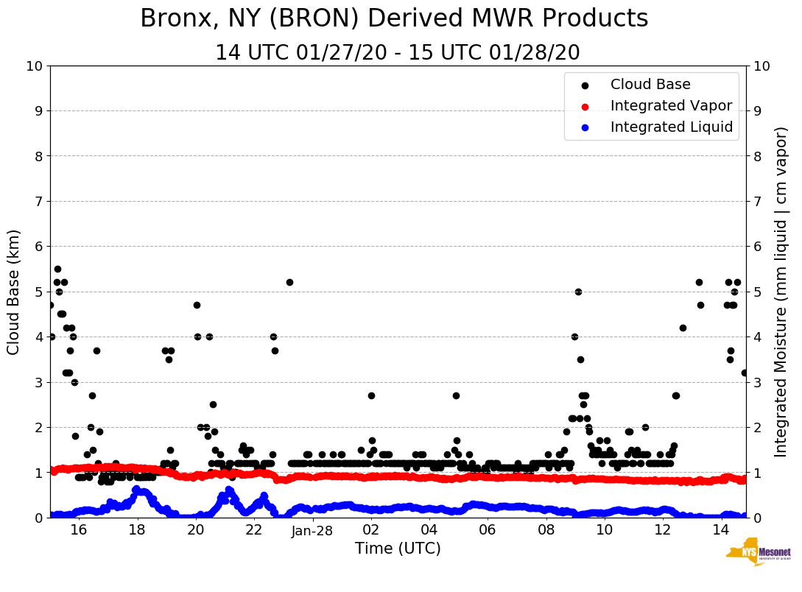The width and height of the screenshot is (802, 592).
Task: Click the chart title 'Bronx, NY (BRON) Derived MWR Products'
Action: click(x=394, y=18)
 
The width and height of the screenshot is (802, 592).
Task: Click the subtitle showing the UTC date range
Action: click(x=397, y=53)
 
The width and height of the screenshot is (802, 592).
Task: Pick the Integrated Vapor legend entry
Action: click(x=670, y=106)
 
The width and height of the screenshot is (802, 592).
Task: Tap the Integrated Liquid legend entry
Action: click(x=671, y=127)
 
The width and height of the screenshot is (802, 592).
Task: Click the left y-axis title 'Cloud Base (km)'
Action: click(x=14, y=292)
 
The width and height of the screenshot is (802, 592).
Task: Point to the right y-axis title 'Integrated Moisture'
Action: click(x=781, y=292)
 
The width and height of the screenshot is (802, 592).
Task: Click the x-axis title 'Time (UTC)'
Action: click(x=398, y=549)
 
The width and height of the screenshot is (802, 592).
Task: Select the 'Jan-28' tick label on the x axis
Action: click(x=312, y=530)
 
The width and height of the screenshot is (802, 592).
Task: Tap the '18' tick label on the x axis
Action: click(x=137, y=530)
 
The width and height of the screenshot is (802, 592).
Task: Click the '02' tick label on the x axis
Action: click(x=371, y=530)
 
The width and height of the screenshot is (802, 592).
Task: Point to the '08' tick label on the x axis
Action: click(x=546, y=530)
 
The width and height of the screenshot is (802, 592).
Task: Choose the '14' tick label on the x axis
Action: click(x=721, y=530)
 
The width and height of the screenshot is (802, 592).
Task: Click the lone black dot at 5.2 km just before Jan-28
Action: click(x=289, y=282)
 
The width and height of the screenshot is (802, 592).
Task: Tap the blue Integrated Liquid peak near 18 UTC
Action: click(x=137, y=489)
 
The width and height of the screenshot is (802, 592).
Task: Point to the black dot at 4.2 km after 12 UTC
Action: click(x=683, y=328)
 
